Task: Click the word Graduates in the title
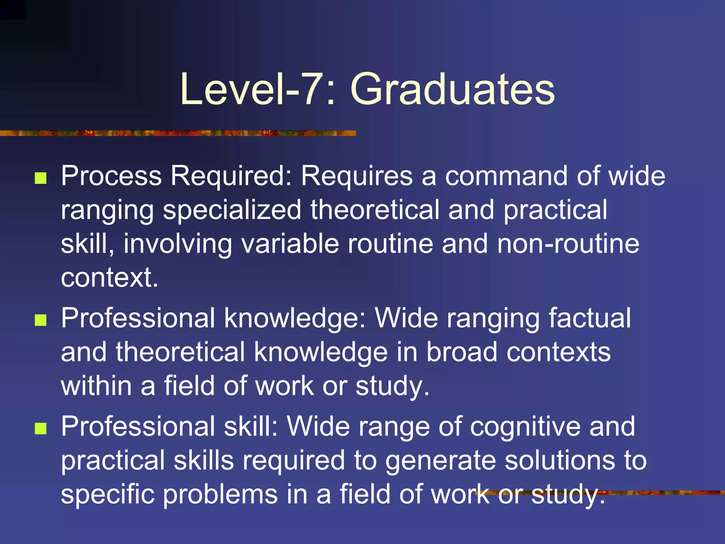452,89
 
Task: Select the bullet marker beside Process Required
41,178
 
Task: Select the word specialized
232,210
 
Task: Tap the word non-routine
568,244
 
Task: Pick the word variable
290,244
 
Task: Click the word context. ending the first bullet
109,278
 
